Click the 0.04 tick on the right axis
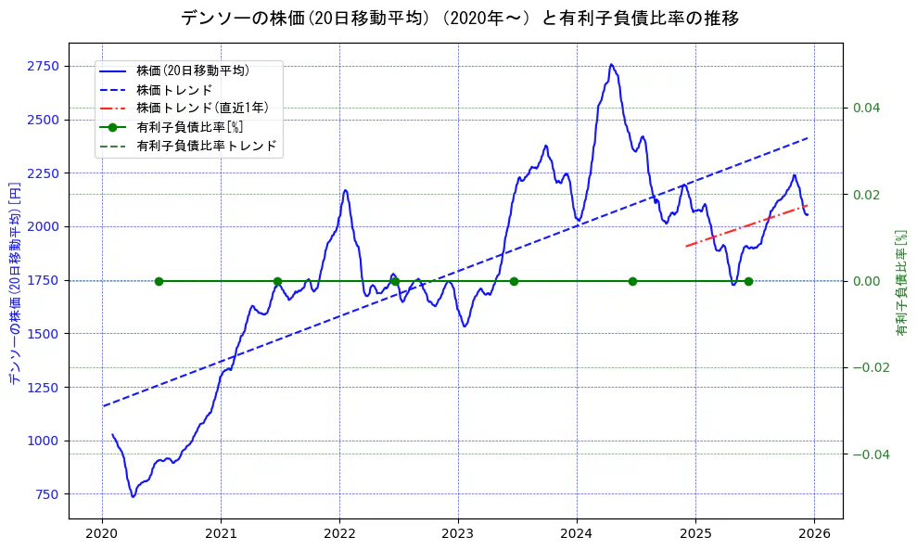pos(866,109)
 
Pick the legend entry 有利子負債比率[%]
pos(189,127)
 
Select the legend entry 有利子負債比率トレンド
pos(205,146)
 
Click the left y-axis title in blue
pos(14,281)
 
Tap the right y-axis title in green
pos(900,281)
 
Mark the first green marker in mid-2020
pos(159,281)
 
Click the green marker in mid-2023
pos(514,281)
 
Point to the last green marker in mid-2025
pos(748,281)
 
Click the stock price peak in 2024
pos(611,65)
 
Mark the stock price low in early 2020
pos(133,496)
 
